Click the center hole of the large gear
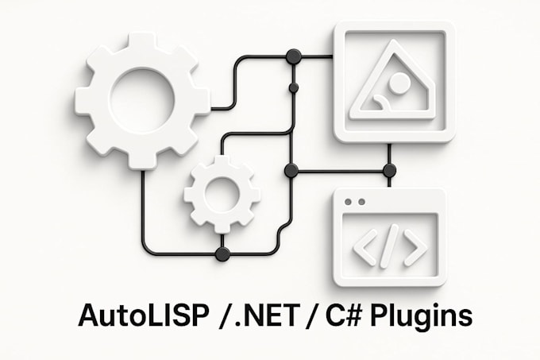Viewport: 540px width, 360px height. click(x=141, y=100)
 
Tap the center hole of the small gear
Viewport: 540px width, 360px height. click(x=222, y=194)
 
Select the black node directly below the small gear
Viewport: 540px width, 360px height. click(x=222, y=254)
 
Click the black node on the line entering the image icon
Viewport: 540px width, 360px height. click(x=294, y=56)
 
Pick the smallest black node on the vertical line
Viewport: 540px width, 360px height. click(x=294, y=88)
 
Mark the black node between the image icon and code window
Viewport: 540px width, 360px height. click(x=389, y=170)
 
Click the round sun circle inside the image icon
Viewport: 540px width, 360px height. click(x=399, y=83)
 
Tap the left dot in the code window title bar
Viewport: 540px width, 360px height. click(x=348, y=202)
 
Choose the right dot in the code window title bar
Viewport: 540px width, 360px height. click(x=361, y=202)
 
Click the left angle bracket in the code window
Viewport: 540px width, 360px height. click(x=364, y=247)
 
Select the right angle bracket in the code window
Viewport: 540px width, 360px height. click(x=415, y=247)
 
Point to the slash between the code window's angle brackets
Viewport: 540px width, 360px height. click(x=389, y=246)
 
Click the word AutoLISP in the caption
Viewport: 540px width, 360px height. click(x=144, y=315)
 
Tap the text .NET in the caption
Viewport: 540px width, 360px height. click(x=265, y=315)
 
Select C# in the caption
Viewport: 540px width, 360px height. click(x=343, y=315)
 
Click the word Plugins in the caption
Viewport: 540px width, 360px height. click(x=421, y=316)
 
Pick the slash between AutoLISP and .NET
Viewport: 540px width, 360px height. click(x=226, y=315)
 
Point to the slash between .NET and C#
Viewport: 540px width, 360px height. click(x=310, y=315)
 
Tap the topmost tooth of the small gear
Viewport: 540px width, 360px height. click(x=222, y=162)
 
